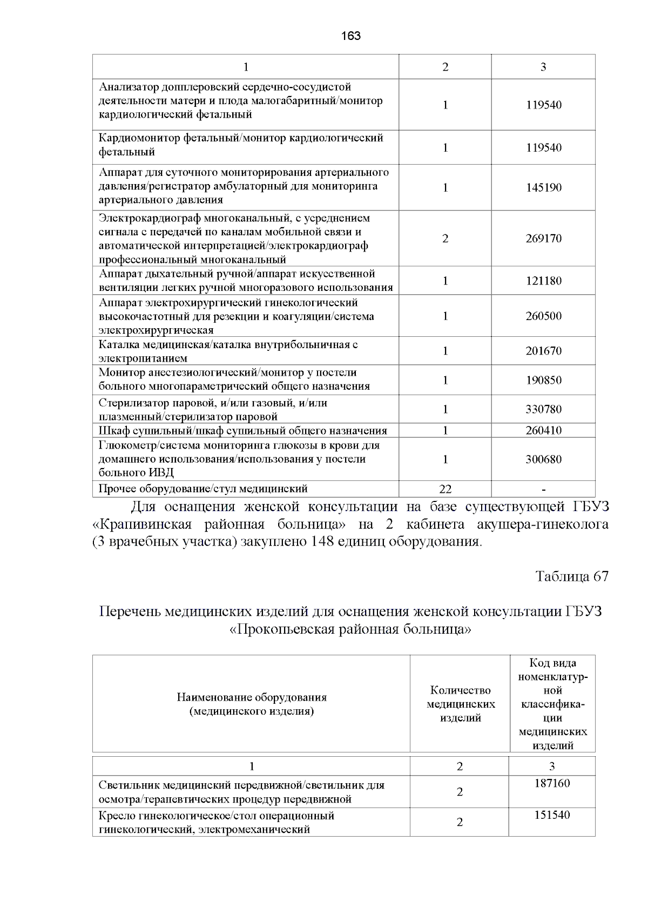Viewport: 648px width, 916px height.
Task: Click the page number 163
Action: (x=351, y=36)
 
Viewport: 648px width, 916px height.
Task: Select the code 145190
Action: (x=543, y=188)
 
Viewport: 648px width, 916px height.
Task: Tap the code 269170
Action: (x=543, y=239)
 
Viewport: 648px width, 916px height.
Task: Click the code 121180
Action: (x=543, y=281)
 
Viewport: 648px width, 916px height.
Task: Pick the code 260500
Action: (x=543, y=316)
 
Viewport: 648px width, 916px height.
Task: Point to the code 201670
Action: (x=543, y=351)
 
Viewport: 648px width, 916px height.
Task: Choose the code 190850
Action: (x=543, y=381)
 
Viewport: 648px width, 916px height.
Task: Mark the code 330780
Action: (x=543, y=410)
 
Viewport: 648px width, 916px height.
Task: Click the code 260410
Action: (x=543, y=431)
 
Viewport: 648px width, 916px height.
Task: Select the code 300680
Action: (x=543, y=460)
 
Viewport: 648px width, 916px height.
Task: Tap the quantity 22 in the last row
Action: (x=445, y=490)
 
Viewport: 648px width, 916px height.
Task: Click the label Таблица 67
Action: (x=571, y=576)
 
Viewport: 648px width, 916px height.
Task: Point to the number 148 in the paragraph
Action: (x=322, y=541)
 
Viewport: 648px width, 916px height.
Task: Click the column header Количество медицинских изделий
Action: (x=461, y=704)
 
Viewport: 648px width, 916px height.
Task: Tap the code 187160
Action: (x=552, y=783)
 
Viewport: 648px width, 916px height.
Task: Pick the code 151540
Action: (x=552, y=815)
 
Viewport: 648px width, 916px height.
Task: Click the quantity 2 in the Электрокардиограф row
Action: (x=445, y=239)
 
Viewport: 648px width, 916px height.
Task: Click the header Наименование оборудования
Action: (x=251, y=697)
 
